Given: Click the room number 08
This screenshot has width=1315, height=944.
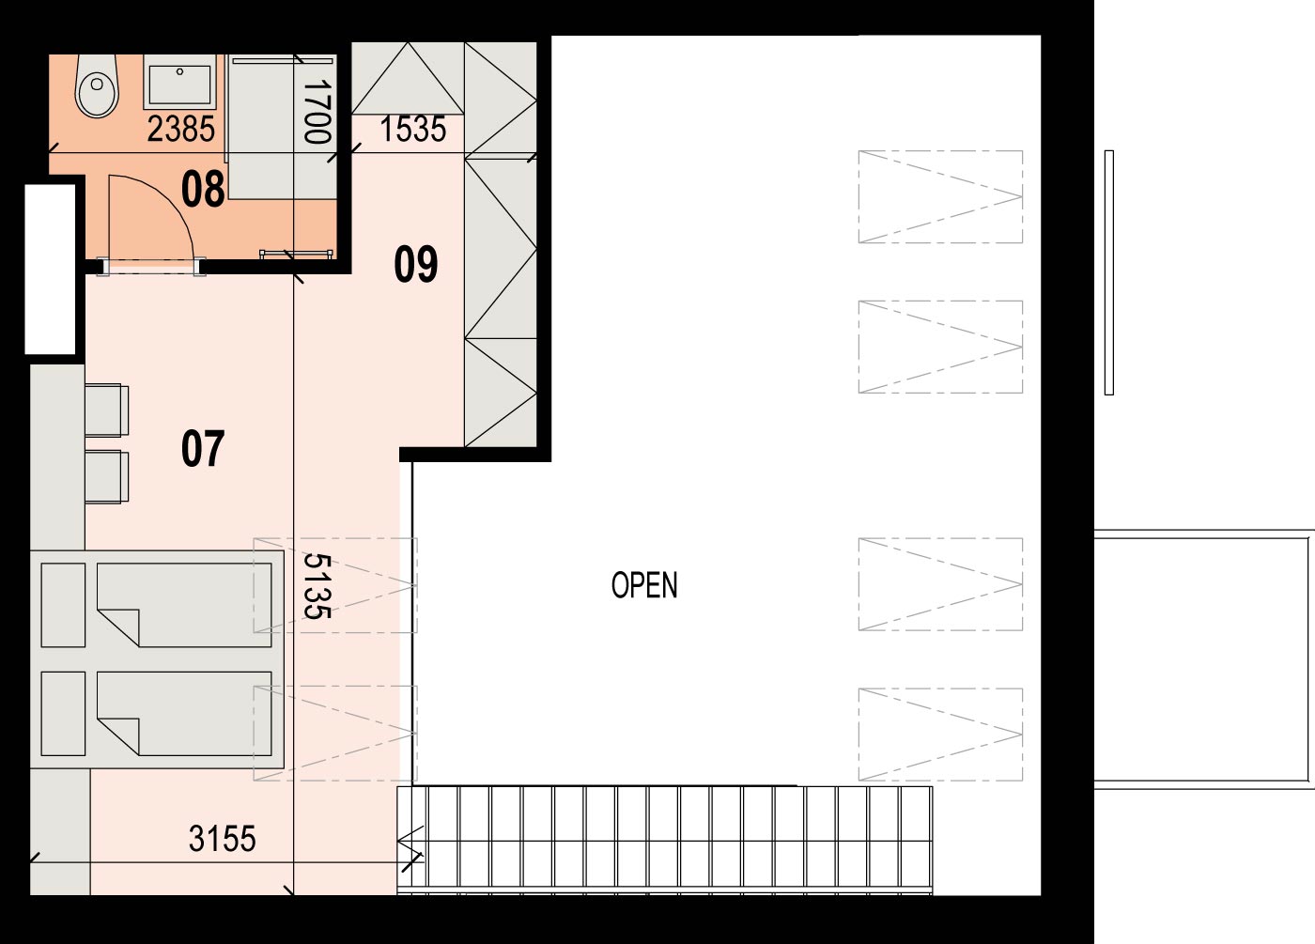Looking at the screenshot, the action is pyautogui.click(x=203, y=189).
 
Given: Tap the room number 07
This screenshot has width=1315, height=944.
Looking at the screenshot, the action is pyautogui.click(x=203, y=449).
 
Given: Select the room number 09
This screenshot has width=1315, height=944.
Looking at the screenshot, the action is pyautogui.click(x=415, y=264).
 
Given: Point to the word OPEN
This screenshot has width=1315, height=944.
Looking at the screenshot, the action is pyautogui.click(x=644, y=584).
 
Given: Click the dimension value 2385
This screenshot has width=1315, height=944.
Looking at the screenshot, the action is pyautogui.click(x=180, y=130).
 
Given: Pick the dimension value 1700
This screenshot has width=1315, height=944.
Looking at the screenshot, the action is pyautogui.click(x=317, y=112).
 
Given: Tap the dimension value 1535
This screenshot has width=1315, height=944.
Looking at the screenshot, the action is pyautogui.click(x=413, y=130).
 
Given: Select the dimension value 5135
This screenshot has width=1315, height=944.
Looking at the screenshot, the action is pyautogui.click(x=317, y=586).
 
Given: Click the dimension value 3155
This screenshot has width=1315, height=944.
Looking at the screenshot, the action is pyautogui.click(x=223, y=838).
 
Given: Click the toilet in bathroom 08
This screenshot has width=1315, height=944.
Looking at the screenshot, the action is pyautogui.click(x=97, y=86).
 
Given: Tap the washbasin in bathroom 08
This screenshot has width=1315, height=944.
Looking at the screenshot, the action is pyautogui.click(x=179, y=83).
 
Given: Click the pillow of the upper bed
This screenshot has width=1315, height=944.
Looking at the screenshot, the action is pyautogui.click(x=64, y=605).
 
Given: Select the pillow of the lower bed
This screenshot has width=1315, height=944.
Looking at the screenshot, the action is pyautogui.click(x=64, y=713).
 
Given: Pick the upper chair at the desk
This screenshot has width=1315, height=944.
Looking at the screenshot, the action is pyautogui.click(x=107, y=410).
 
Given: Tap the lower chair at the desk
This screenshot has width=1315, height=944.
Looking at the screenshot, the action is pyautogui.click(x=107, y=477).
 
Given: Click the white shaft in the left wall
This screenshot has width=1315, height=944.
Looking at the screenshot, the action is pyautogui.click(x=50, y=270).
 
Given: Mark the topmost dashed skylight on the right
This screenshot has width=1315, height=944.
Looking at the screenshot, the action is pyautogui.click(x=940, y=196).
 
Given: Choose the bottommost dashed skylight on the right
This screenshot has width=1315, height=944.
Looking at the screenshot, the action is pyautogui.click(x=940, y=735).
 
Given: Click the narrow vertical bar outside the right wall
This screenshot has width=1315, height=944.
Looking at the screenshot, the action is pyautogui.click(x=1109, y=272).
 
